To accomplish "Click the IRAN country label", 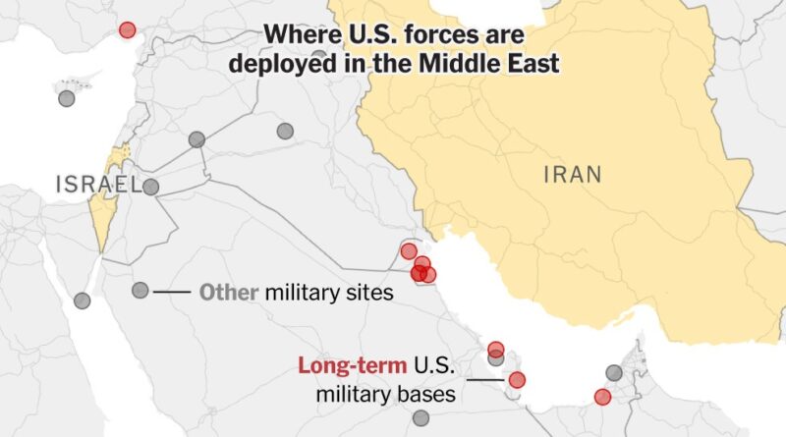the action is pos(573,176).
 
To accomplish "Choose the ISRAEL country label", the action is pos(98,184).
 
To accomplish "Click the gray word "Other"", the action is pos(229,292).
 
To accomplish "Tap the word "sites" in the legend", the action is pos(370,292).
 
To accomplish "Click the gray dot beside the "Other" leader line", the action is pos(140,291).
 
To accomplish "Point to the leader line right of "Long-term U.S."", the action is pos(485,379).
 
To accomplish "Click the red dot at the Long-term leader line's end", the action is pos(517,380).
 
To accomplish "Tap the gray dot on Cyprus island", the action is pos(66,98).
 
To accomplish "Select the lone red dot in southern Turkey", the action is pos(127,29).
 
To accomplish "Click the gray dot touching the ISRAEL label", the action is pos(150,187).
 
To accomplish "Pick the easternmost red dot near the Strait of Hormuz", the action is pos(602,397).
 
